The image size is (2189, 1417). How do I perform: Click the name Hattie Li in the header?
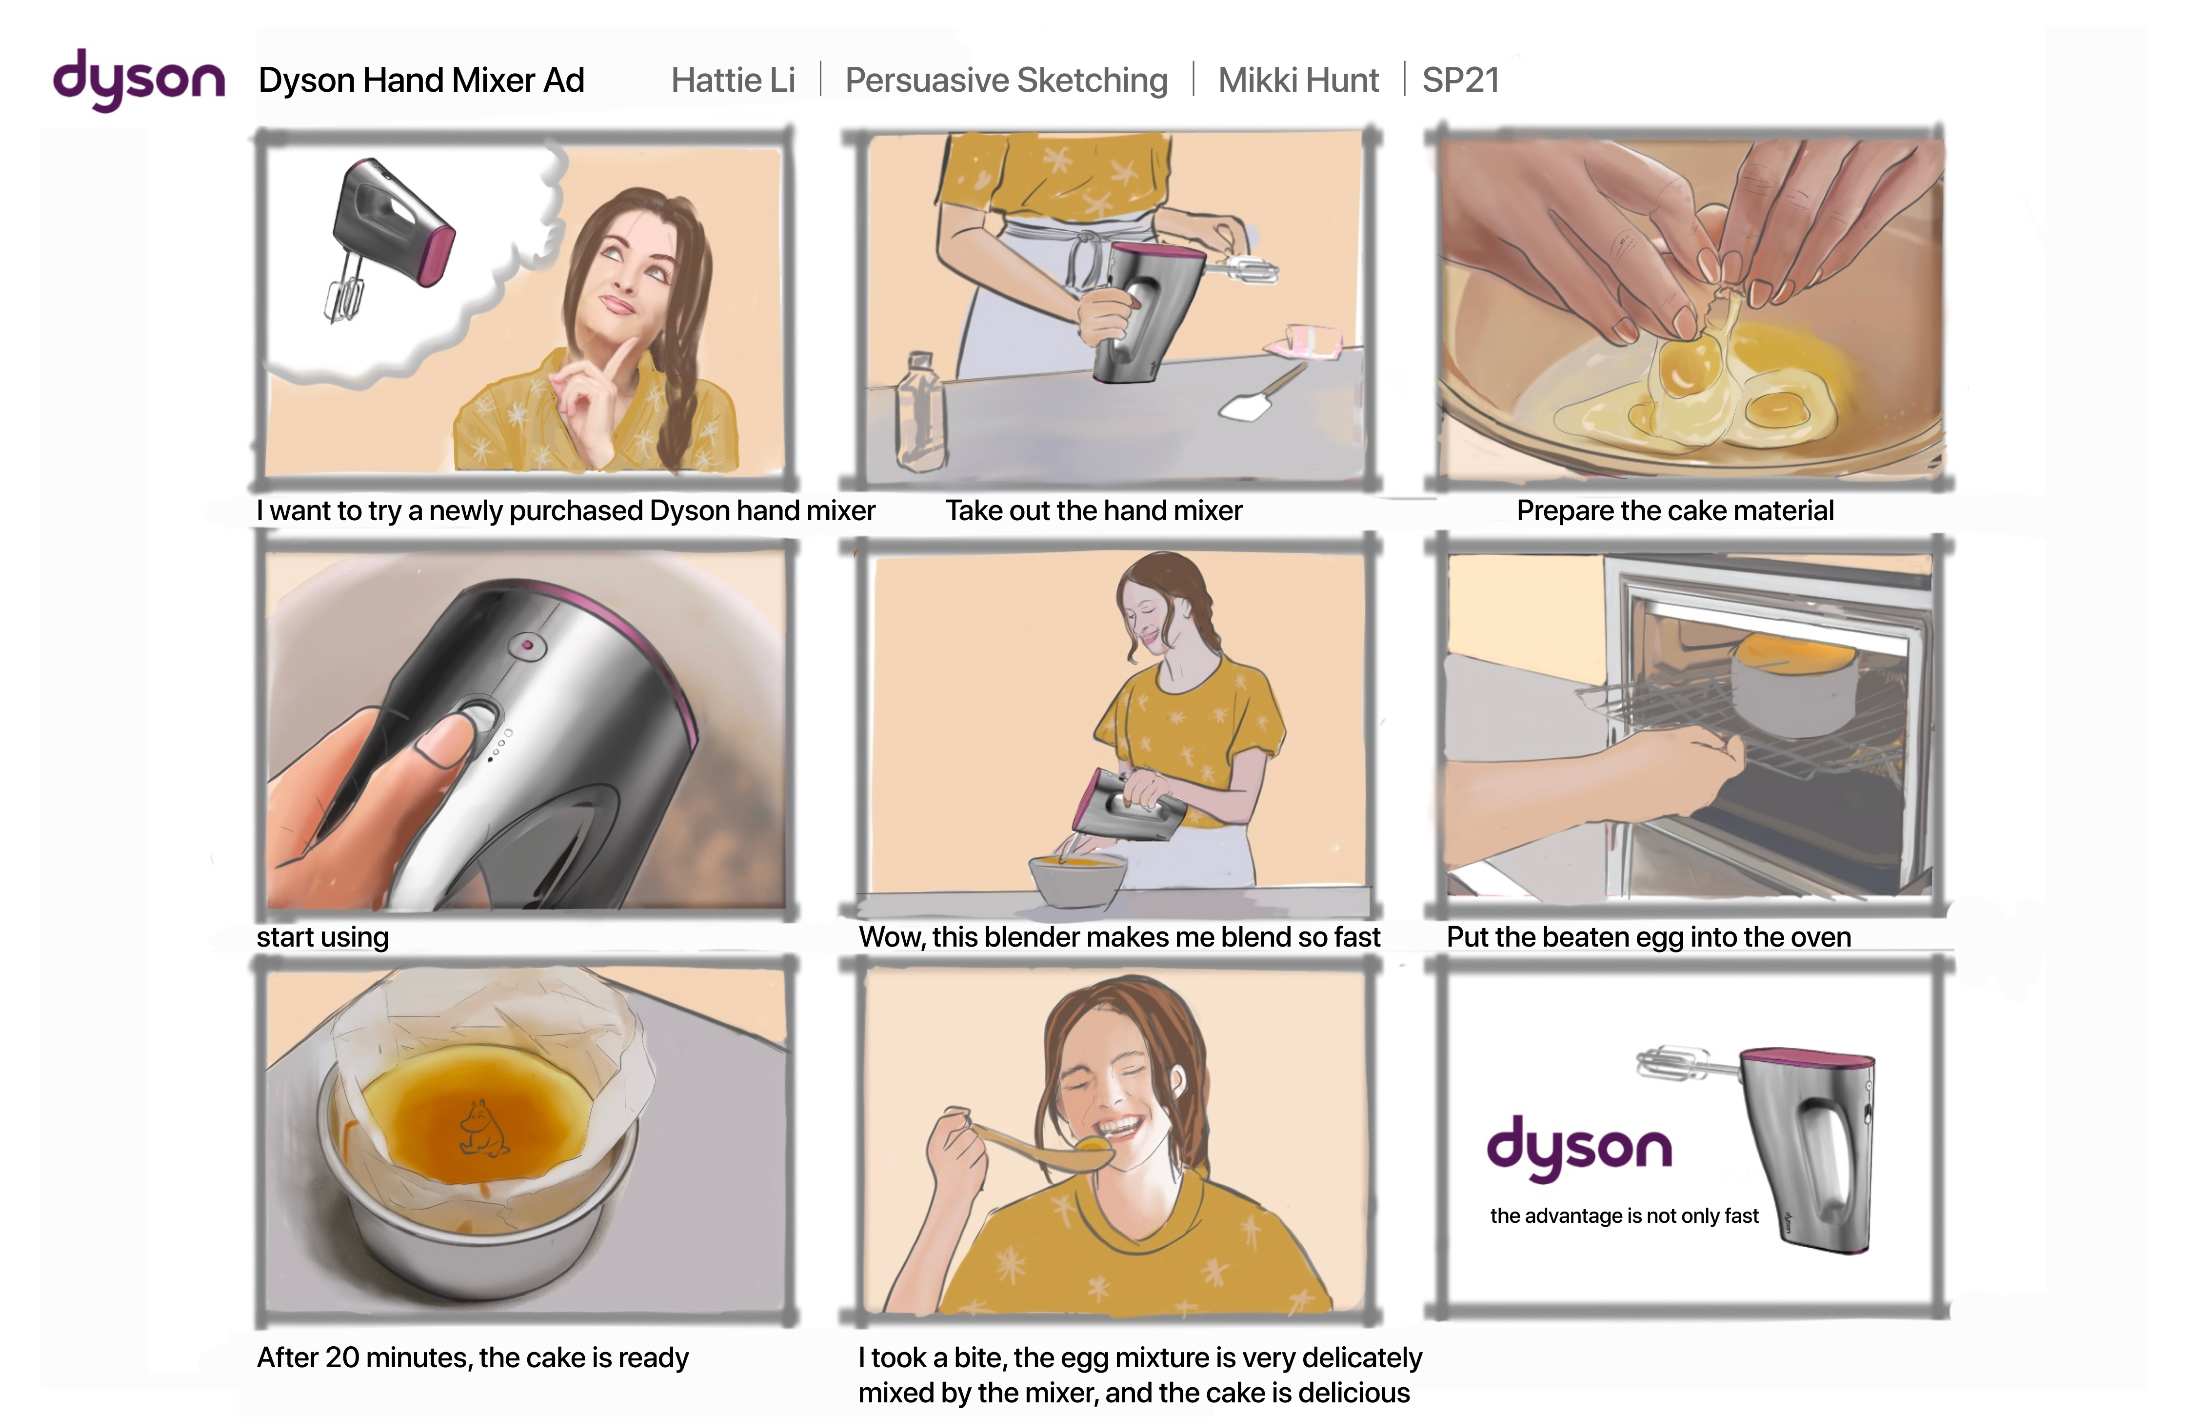tap(733, 80)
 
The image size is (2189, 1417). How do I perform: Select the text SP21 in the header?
tap(1461, 80)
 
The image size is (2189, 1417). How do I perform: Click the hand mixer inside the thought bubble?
tap(386, 235)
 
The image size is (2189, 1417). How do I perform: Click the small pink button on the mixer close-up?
tap(527, 645)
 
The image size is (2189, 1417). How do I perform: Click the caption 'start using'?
tap(323, 937)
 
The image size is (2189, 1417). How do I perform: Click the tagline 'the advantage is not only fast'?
tap(1624, 1215)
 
